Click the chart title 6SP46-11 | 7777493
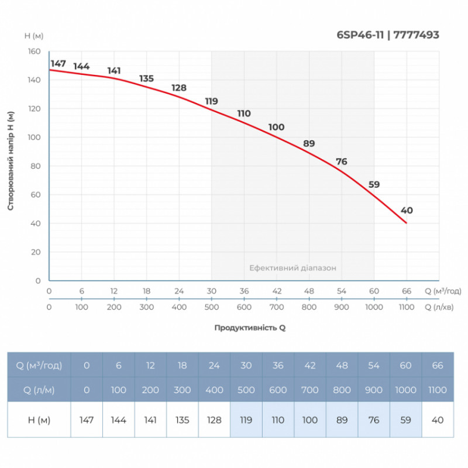coord(388,35)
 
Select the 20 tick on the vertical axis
coord(36,252)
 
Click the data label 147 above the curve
coord(58,63)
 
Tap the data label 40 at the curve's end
coord(407,211)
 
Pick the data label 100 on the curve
coord(276,127)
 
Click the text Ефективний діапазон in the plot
coord(292,267)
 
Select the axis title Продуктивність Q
coord(250,328)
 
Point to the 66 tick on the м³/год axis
coord(407,291)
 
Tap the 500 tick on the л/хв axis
coord(211,307)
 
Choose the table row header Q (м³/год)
coord(39,366)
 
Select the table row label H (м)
coord(39,419)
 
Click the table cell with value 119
coord(246,419)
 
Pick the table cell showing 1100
coord(437,390)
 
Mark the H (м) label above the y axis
coord(35,36)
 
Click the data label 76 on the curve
coord(342,162)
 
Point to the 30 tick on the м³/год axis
coord(211,291)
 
